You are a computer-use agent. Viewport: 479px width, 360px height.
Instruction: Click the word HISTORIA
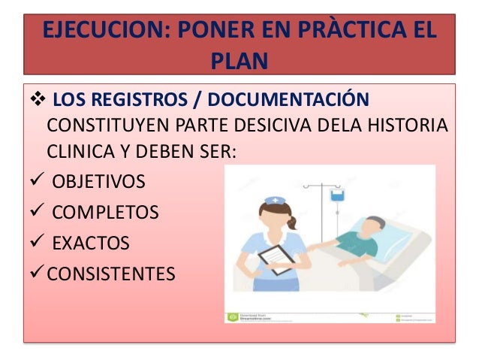pyautogui.click(x=414, y=124)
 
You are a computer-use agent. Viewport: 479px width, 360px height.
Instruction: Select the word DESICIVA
pyautogui.click(x=281, y=124)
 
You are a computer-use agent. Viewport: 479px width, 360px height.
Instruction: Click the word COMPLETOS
pyautogui.click(x=105, y=213)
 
